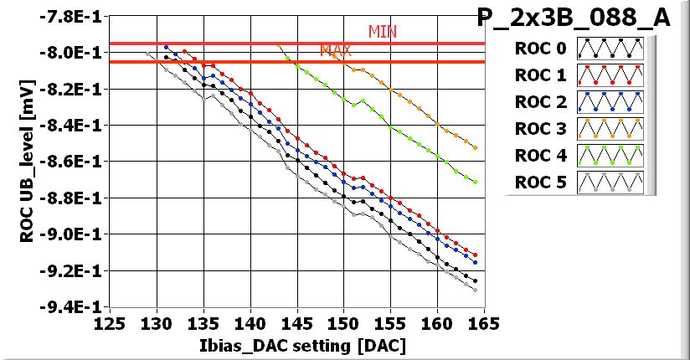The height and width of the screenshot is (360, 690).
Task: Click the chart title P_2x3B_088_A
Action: coord(574,18)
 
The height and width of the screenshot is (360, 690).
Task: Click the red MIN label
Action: coord(382,32)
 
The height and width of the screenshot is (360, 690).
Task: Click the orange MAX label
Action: coord(335,51)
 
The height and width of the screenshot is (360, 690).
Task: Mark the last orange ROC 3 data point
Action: coord(476,147)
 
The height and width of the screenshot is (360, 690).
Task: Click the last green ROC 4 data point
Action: coord(476,182)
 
